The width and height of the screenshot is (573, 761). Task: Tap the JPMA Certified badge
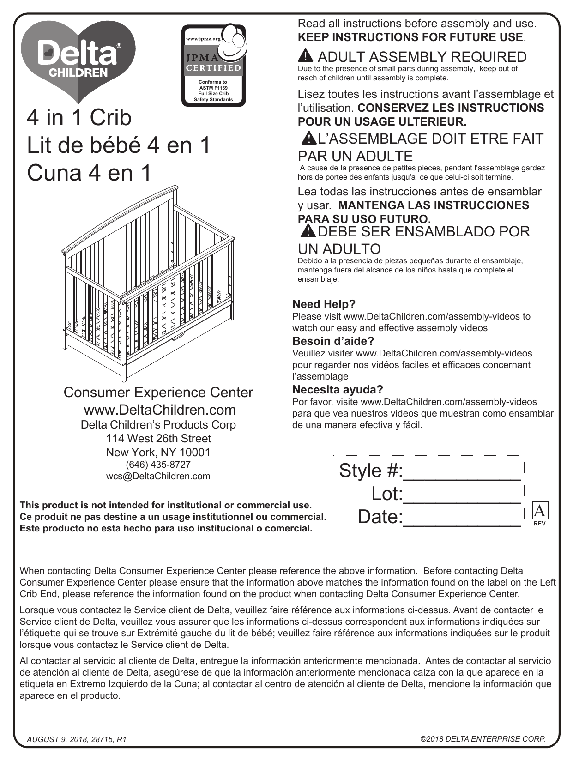[x=213, y=65]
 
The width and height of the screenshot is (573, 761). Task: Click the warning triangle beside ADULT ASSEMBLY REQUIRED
[x=306, y=56]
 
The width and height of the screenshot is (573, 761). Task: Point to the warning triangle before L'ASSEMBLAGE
[x=308, y=138]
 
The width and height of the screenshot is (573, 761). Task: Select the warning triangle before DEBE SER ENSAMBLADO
[x=308, y=230]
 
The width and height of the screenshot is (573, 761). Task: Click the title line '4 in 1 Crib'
[x=79, y=117]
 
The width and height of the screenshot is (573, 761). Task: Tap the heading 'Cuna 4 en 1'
[x=89, y=173]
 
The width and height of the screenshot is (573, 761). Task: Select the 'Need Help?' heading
[x=324, y=304]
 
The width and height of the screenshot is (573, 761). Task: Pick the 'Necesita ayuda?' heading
[x=338, y=390]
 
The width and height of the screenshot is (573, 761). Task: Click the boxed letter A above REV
[x=539, y=510]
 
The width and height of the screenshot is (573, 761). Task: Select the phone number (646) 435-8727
[x=158, y=465]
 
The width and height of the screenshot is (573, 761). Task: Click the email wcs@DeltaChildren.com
[x=158, y=476]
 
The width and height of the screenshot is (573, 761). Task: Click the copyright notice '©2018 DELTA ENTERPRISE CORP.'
[x=483, y=739]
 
